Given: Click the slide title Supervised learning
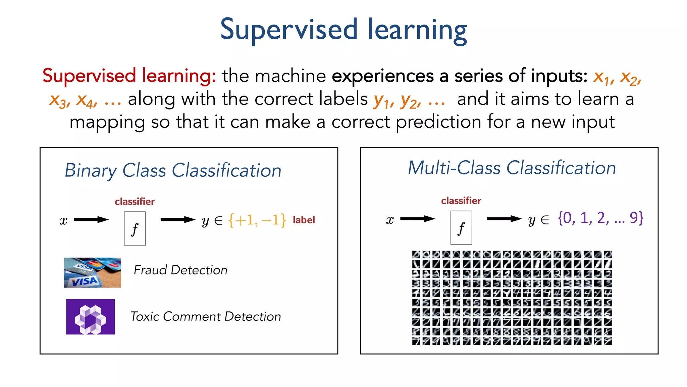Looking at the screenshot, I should tap(343, 30).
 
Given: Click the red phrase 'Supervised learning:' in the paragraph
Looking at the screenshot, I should tap(129, 76).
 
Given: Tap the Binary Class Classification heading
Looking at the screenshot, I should tap(173, 170).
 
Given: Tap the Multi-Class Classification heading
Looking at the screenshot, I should tap(512, 168).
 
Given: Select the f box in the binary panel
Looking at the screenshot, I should tap(135, 228).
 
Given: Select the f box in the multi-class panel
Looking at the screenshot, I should tap(461, 228).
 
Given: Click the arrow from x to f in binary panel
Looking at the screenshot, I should tap(91, 220).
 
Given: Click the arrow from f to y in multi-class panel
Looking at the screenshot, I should tap(504, 219).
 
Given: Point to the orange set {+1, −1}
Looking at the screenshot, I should tap(257, 220).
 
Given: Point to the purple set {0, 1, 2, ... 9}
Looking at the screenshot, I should tap(600, 218).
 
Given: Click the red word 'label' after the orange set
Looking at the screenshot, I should tap(304, 220).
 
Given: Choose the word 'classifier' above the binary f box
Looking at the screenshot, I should tap(135, 202).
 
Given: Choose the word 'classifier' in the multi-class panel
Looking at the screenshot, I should tap(461, 201).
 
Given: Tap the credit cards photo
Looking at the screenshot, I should tap(93, 272).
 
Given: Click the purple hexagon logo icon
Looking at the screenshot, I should tap(90, 317).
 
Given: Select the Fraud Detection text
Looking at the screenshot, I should tap(180, 270).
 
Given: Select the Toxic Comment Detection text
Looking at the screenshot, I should tap(205, 316).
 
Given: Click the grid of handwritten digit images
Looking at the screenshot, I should tap(512, 298).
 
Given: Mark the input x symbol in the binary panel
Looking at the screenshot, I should tap(63, 221).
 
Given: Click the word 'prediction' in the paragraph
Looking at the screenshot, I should tap(438, 122).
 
